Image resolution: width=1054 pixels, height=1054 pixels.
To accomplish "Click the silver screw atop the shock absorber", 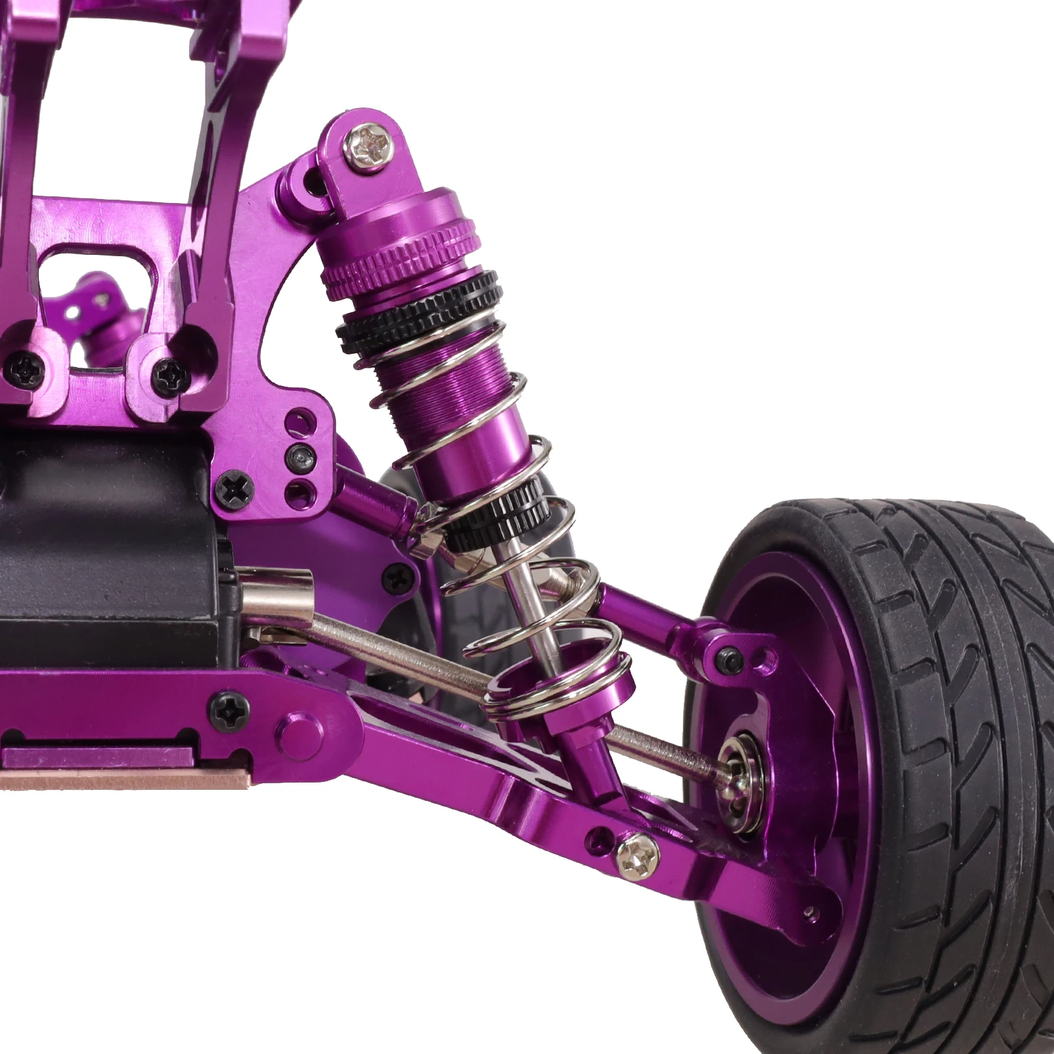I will pyautogui.click(x=370, y=144).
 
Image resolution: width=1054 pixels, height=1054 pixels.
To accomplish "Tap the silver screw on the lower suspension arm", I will pyautogui.click(x=637, y=856).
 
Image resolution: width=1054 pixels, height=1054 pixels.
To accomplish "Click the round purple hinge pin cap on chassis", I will pyautogui.click(x=295, y=733).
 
